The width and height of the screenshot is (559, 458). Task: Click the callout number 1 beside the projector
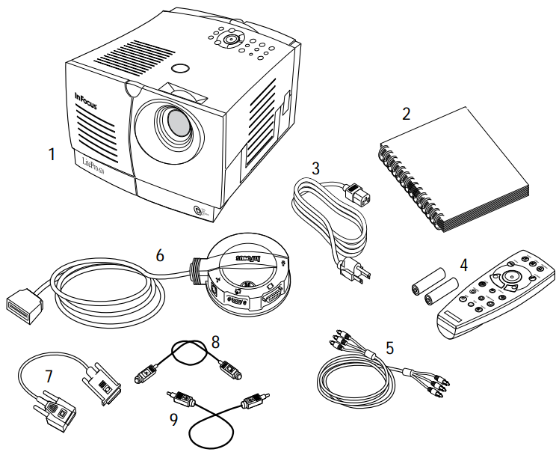click(x=51, y=155)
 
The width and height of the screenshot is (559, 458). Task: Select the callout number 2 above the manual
click(x=407, y=114)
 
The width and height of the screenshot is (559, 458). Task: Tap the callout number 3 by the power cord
click(x=316, y=169)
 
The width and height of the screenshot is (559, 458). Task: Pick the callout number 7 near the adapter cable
click(x=49, y=375)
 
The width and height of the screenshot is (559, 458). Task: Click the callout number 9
click(x=174, y=420)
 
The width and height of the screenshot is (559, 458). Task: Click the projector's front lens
click(x=178, y=122)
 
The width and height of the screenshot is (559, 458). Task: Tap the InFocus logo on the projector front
click(x=87, y=97)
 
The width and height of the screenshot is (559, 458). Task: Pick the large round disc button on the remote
click(x=511, y=275)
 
